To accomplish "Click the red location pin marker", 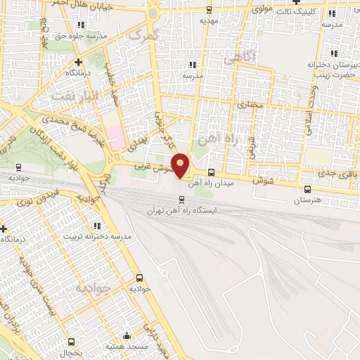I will (181, 165).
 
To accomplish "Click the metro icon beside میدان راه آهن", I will (211, 172).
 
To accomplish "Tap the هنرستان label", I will (307, 200).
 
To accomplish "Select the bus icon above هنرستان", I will (307, 189).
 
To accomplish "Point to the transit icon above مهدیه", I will (209, 10).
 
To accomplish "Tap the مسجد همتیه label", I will (126, 347).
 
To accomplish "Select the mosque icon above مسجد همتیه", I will (127, 336).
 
